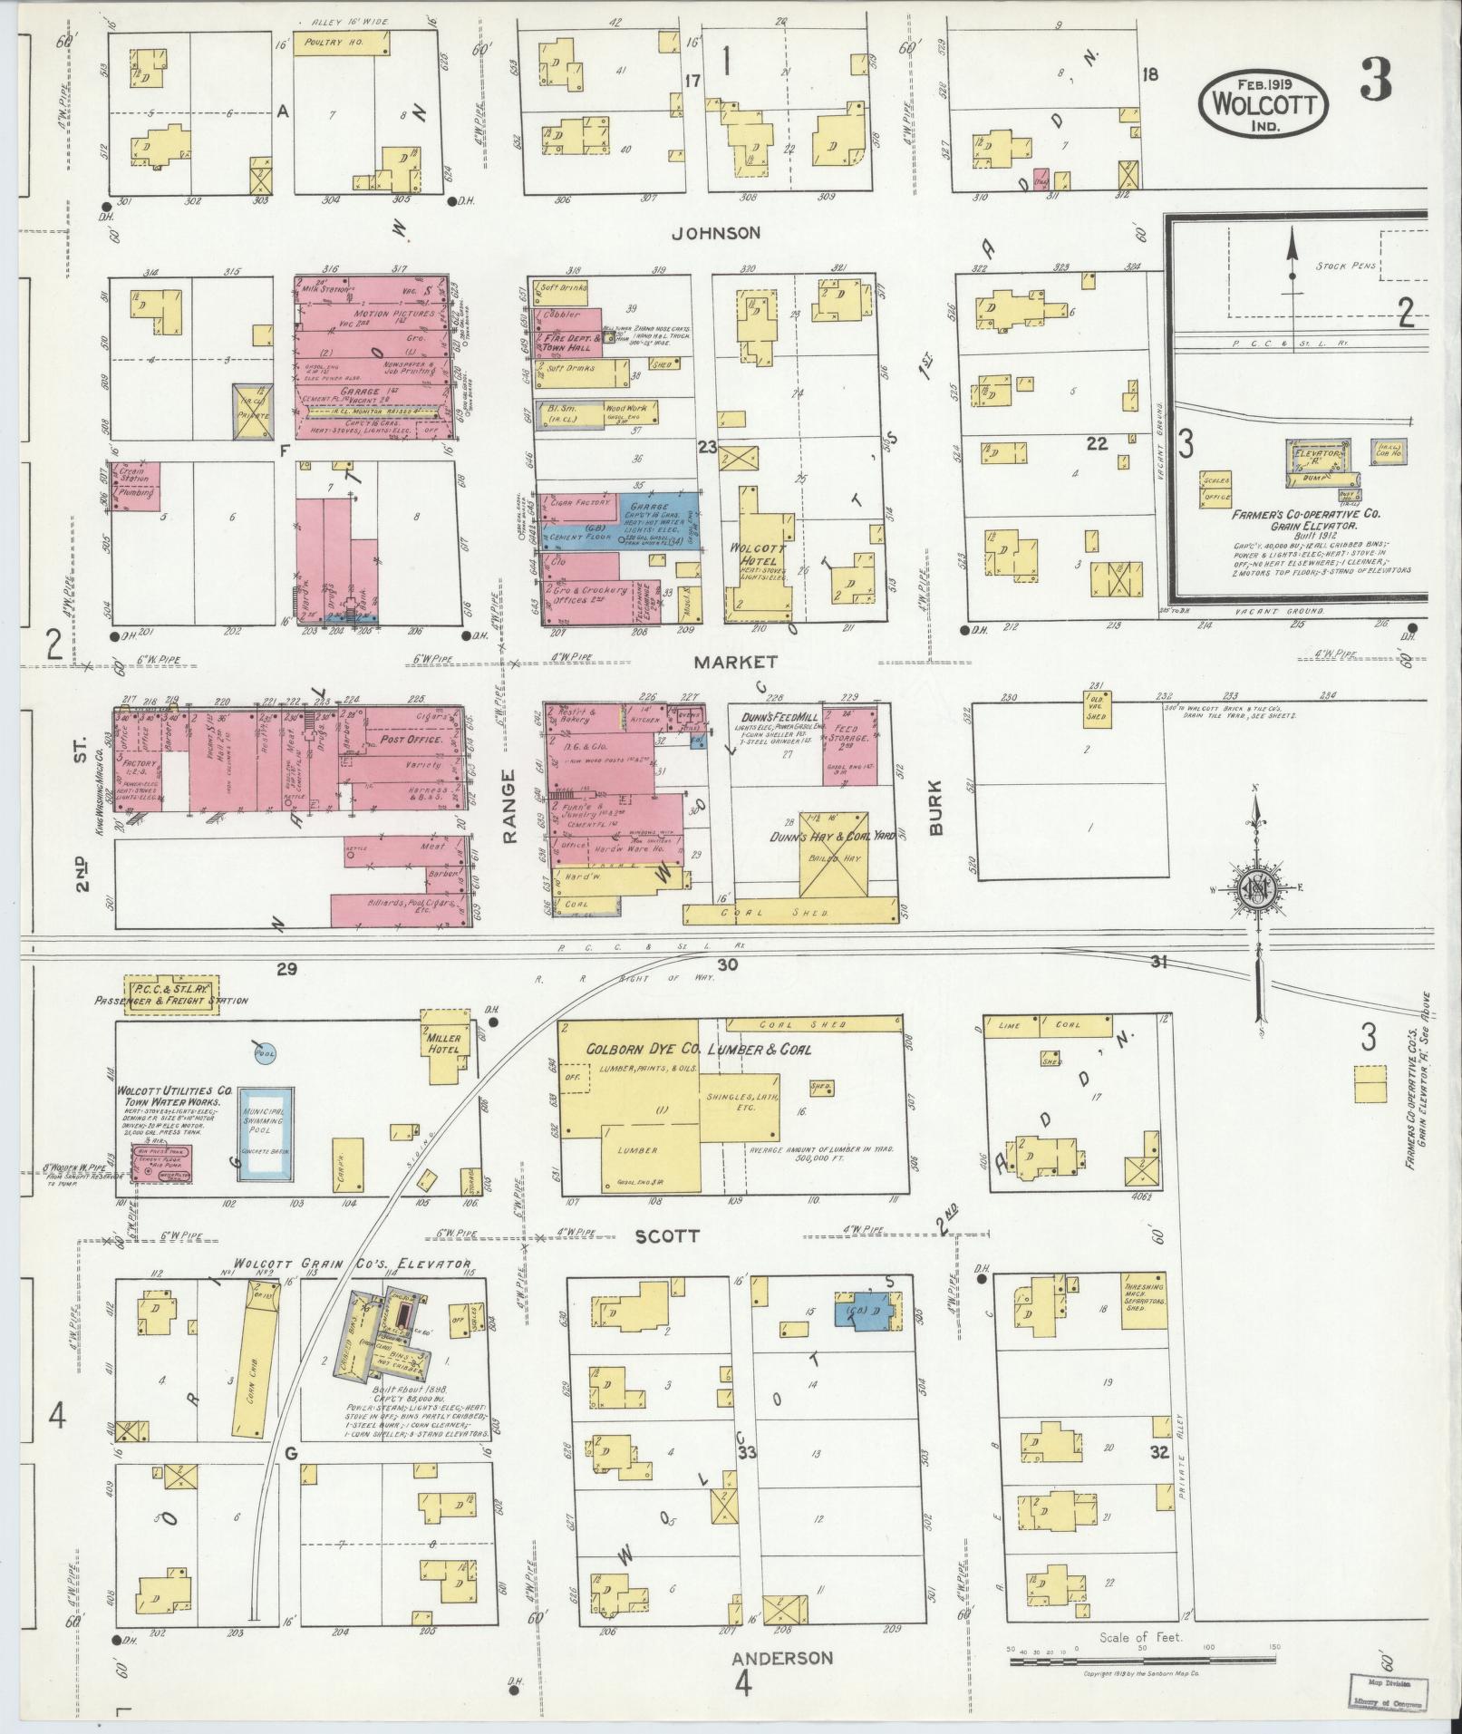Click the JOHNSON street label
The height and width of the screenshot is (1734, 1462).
pyautogui.click(x=716, y=234)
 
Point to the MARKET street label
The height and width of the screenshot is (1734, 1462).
pyautogui.click(x=723, y=662)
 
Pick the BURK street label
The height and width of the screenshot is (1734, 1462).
pyautogui.click(x=937, y=808)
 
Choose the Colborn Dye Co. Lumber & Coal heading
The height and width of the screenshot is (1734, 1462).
pyautogui.click(x=698, y=1050)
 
